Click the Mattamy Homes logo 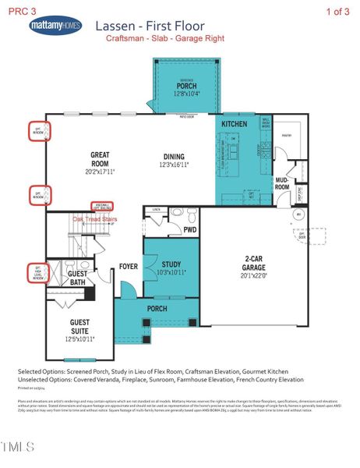coord(55,26)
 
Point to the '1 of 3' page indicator coord(339,11)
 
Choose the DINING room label coord(174,156)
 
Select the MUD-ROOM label coord(282,184)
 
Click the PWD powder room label coord(189,229)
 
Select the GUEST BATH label coord(78,278)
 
